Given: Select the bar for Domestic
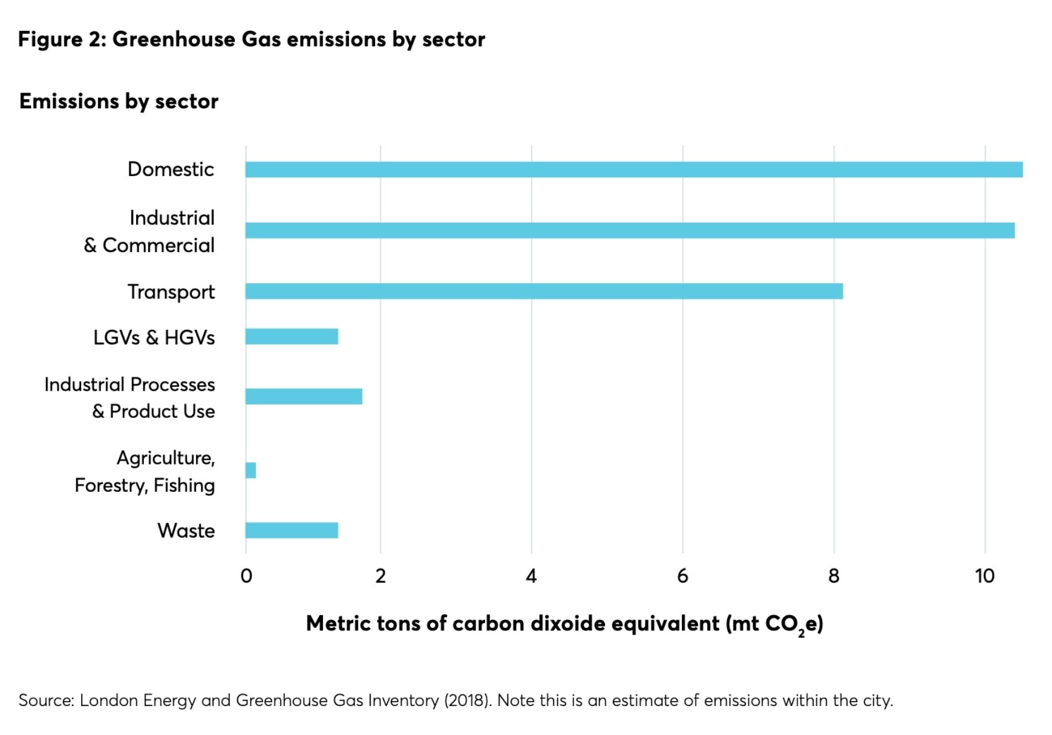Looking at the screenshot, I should [x=633, y=169].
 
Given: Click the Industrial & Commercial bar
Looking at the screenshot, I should [x=629, y=230].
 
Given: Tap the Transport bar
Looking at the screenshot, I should [x=543, y=291].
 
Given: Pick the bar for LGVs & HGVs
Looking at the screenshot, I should [x=292, y=336].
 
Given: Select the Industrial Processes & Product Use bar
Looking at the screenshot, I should [x=304, y=396].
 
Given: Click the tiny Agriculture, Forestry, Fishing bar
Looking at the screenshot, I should [x=250, y=470].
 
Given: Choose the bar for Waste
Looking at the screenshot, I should [x=292, y=531].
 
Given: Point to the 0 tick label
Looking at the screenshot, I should [x=246, y=576].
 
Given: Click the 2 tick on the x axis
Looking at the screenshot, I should [x=380, y=576].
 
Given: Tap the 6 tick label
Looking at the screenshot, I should [x=682, y=576].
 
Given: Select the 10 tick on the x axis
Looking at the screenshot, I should [x=984, y=576].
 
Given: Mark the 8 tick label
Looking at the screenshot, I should [x=834, y=576].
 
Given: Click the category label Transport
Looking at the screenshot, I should [x=171, y=292].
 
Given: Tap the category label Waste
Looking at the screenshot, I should [x=186, y=531].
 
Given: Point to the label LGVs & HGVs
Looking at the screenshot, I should [x=154, y=338].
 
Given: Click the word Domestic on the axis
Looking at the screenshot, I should [x=171, y=169].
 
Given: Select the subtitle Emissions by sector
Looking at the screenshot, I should [x=119, y=101].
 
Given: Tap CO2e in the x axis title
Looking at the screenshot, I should [x=793, y=624].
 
